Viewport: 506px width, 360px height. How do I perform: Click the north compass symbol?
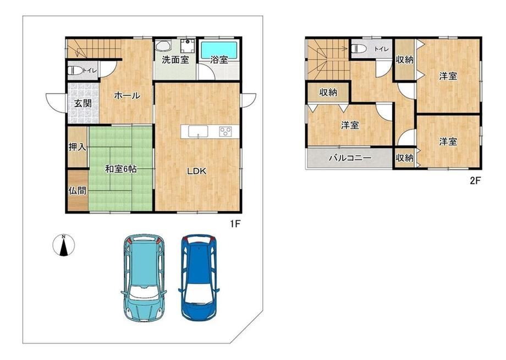(x=64, y=245)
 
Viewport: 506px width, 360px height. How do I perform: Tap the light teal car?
(x=144, y=277)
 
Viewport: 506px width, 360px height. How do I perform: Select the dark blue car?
(x=199, y=277)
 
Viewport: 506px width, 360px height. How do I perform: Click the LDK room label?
(x=197, y=171)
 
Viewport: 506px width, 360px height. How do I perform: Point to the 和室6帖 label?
(x=120, y=168)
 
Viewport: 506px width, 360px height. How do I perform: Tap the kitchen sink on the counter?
(x=198, y=132)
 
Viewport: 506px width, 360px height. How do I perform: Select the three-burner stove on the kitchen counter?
(x=226, y=131)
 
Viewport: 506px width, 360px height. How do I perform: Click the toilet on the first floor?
(x=75, y=70)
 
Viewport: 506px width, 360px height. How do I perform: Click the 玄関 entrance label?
(x=83, y=103)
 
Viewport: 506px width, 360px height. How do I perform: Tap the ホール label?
(x=127, y=95)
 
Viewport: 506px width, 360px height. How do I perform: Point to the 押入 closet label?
(x=78, y=147)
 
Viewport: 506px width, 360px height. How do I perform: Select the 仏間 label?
(x=78, y=190)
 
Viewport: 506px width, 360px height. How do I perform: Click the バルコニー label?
(x=350, y=158)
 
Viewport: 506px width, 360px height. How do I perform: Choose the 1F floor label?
(x=235, y=223)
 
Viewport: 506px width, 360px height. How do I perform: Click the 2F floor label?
(x=475, y=181)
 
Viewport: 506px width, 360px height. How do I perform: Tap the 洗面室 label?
(x=175, y=59)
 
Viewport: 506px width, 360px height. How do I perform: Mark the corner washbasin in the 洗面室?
(x=163, y=46)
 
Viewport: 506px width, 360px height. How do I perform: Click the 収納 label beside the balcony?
(x=404, y=158)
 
